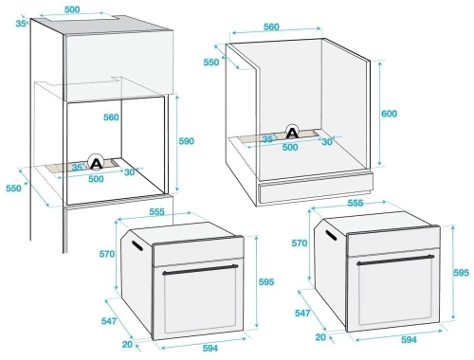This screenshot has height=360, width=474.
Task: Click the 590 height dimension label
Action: tap(187, 141)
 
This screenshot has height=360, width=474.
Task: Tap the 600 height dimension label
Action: tap(389, 114)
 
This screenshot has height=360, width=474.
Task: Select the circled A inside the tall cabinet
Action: tap(96, 162)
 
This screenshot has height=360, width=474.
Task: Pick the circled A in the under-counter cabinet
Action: tap(292, 132)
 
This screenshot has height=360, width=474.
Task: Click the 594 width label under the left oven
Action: tap(210, 348)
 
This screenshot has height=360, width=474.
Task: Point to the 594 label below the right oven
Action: tap(409, 339)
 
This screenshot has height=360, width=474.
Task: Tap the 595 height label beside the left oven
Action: tap(266, 281)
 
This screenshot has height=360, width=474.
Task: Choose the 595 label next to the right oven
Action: tap(461, 272)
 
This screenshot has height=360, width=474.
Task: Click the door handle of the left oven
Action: tap(200, 269)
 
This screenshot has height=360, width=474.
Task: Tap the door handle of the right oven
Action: tap(395, 260)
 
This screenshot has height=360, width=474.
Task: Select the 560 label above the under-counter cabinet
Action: tap(271, 27)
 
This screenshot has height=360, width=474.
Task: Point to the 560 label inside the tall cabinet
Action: tap(111, 117)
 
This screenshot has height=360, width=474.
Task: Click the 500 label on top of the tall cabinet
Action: tap(72, 9)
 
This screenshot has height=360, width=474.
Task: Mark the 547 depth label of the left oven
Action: tap(109, 321)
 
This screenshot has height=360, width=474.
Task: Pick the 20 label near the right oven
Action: tap(320, 337)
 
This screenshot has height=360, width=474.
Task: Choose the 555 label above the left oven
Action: tap(156, 211)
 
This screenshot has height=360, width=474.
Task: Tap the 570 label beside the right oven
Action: tap(300, 243)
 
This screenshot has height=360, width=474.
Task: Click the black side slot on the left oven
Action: tap(137, 246)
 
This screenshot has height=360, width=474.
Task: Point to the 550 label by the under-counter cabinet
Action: tap(211, 63)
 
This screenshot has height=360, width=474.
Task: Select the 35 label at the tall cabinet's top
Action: tap(21, 24)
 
